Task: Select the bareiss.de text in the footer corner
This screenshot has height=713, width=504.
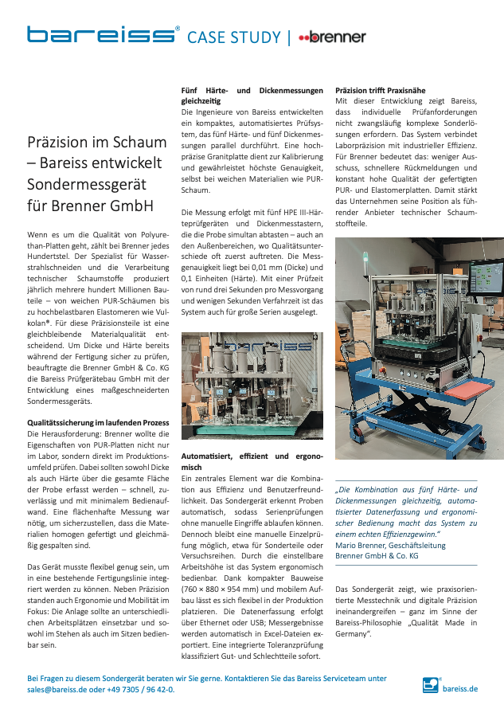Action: pyautogui.click(x=460, y=687)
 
